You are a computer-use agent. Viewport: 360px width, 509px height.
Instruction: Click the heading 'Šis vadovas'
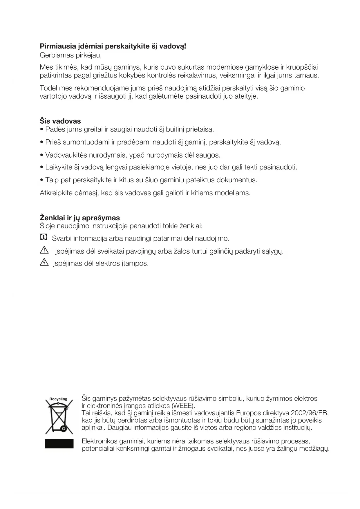pyautogui.click(x=60, y=121)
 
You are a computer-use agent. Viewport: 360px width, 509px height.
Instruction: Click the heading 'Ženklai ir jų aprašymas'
pyautogui.click(x=79, y=218)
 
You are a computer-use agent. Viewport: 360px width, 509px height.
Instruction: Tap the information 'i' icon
pyautogui.click(x=43, y=237)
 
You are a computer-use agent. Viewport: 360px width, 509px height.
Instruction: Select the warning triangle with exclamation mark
pyautogui.click(x=44, y=250)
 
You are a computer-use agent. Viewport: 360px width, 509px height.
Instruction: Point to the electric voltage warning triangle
pyautogui.click(x=44, y=263)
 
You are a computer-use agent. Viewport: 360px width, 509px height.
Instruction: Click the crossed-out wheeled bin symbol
pyautogui.click(x=59, y=418)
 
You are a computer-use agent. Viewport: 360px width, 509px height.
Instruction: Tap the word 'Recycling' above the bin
pyautogui.click(x=58, y=399)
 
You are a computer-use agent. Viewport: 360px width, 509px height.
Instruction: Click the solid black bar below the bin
pyautogui.click(x=59, y=444)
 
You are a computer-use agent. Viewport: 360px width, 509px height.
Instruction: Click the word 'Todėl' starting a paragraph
pyautogui.click(x=48, y=88)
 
